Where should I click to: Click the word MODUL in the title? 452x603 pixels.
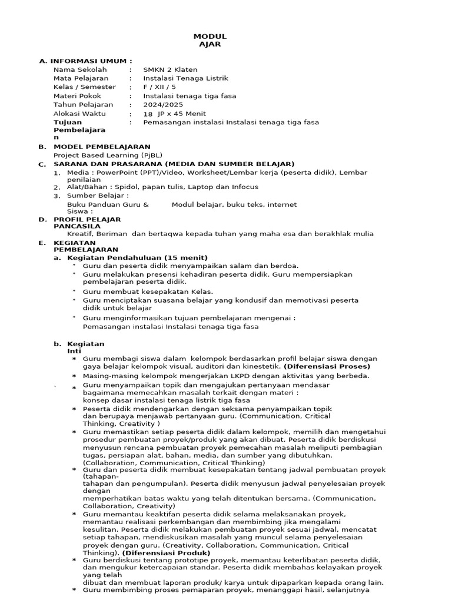[213, 37]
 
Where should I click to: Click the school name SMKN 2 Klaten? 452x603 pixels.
[170, 69]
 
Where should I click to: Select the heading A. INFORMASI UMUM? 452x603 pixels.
[85, 61]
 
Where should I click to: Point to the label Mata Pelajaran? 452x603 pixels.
[81, 78]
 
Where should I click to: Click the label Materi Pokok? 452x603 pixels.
[77, 96]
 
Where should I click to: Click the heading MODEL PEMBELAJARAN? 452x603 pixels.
[102, 147]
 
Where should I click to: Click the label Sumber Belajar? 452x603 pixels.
[97, 196]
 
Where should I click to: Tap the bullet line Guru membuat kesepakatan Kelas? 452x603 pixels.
[148, 291]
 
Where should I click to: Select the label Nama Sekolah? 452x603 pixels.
[80, 69]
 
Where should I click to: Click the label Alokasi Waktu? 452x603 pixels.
[79, 113]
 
